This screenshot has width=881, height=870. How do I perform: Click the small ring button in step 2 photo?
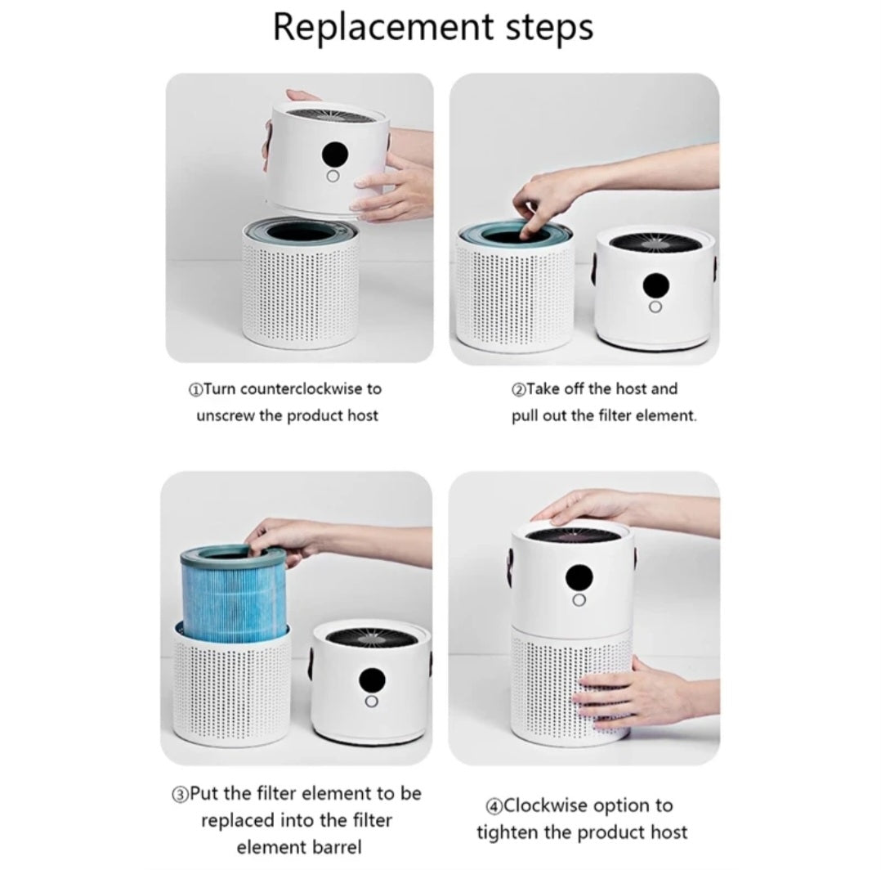[655, 307]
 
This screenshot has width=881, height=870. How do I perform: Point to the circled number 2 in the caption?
[518, 389]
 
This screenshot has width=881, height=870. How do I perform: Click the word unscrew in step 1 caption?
[226, 415]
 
